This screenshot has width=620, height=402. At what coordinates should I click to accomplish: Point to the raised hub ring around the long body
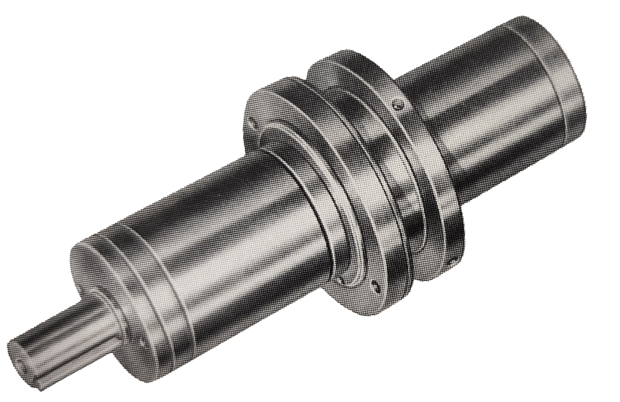click(x=315, y=200)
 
